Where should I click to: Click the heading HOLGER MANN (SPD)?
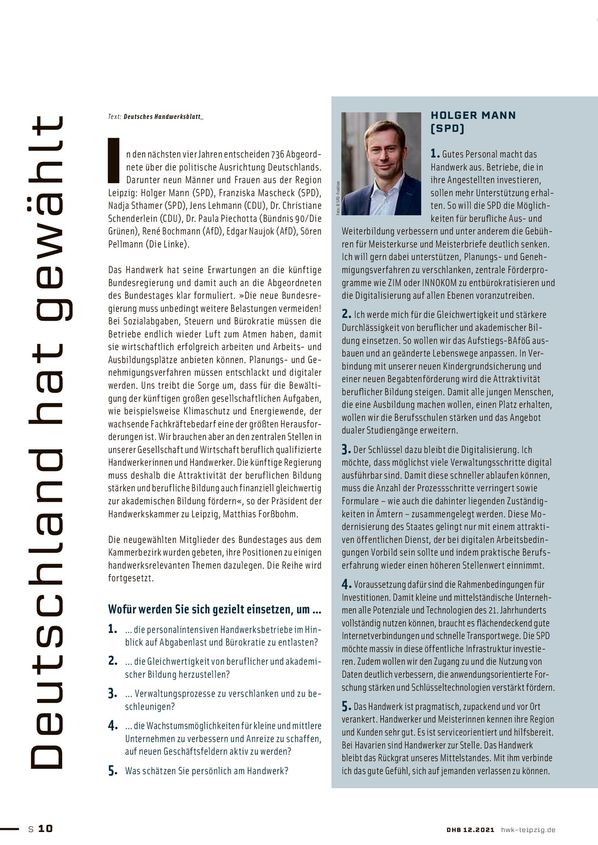click(x=473, y=122)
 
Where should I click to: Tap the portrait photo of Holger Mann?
click(x=381, y=164)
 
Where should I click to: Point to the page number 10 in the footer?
click(x=45, y=828)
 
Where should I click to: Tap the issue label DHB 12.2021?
click(x=470, y=829)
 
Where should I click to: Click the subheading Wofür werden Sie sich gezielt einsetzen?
click(x=215, y=609)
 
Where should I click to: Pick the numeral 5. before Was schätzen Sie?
click(x=113, y=771)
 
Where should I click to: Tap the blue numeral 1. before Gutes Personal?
click(x=435, y=154)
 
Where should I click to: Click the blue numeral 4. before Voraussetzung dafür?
click(x=346, y=585)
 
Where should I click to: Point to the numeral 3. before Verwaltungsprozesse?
click(x=113, y=694)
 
